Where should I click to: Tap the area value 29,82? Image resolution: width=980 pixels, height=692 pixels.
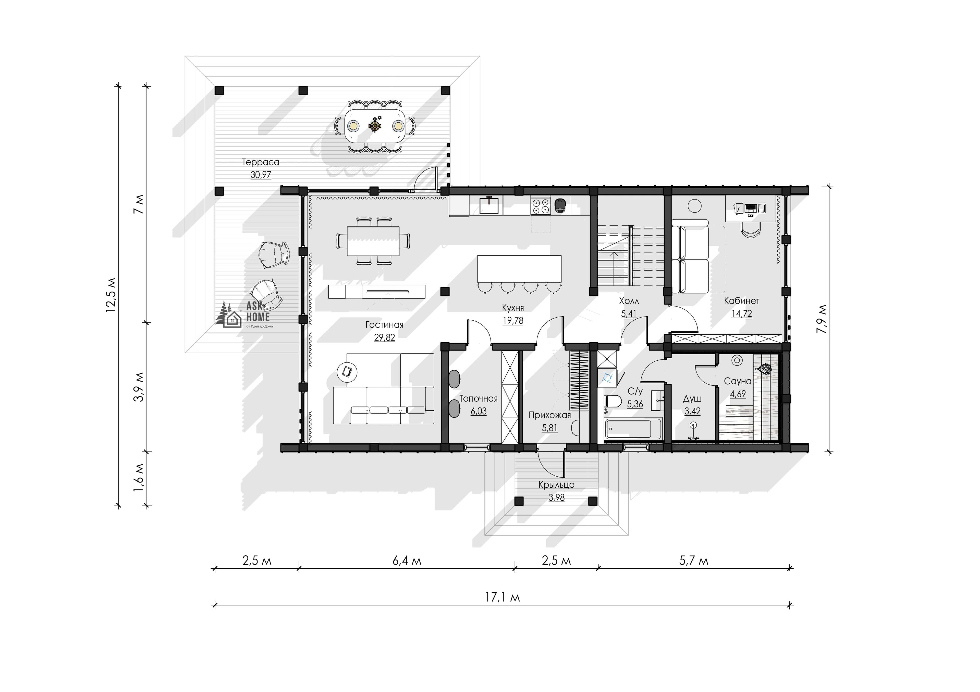[x=385, y=338]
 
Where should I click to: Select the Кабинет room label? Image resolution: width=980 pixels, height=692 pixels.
[x=742, y=301]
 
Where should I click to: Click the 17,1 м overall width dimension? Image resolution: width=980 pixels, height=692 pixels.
[x=503, y=597]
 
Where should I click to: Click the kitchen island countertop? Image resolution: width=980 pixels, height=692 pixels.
[x=519, y=269]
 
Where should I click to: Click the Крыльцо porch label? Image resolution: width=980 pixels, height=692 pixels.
[x=556, y=485]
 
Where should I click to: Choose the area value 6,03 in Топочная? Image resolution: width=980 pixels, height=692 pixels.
[x=479, y=411]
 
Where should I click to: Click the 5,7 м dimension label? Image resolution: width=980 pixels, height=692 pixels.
[x=694, y=561]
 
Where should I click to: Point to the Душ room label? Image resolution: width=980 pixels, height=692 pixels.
[x=692, y=399]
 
